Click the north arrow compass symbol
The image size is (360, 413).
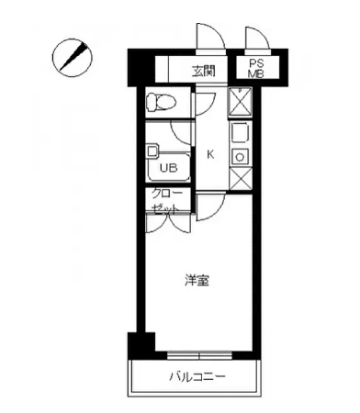[72, 58]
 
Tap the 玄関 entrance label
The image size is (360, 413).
[204, 72]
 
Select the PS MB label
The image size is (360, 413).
[256, 68]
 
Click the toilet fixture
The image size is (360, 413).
[161, 102]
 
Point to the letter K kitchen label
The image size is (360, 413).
[210, 155]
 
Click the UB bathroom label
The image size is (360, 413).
[168, 168]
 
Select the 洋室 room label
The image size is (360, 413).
[197, 281]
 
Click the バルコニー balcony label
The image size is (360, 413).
[197, 376]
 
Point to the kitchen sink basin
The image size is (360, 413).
[240, 132]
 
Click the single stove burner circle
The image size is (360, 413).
[240, 157]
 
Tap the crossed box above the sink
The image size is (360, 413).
[240, 101]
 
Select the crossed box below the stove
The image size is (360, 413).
[241, 179]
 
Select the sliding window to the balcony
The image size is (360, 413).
[199, 356]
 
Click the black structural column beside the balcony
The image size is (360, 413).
[141, 345]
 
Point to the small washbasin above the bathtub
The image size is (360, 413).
[152, 151]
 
